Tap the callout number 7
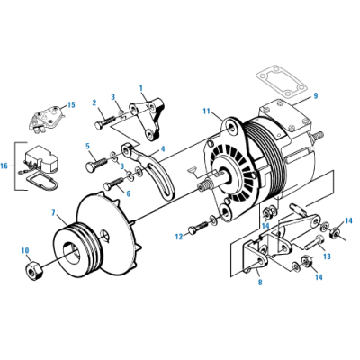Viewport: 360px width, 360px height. tap(56, 212)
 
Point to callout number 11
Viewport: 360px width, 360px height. tap(206, 112)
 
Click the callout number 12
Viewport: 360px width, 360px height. tap(178, 236)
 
